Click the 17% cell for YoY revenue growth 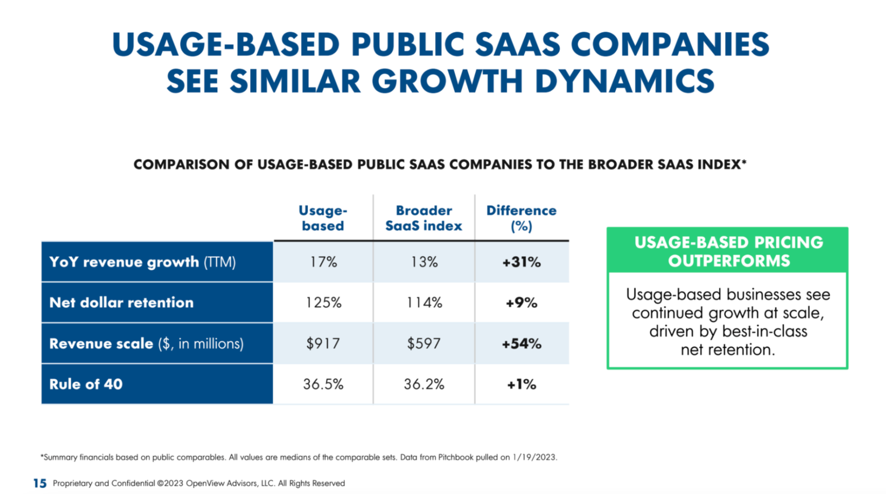pyautogui.click(x=323, y=262)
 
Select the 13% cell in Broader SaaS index pyautogui.click(x=424, y=262)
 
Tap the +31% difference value pyautogui.click(x=521, y=262)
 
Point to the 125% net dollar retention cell pyautogui.click(x=323, y=303)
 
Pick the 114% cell pyautogui.click(x=424, y=303)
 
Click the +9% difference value pyautogui.click(x=521, y=303)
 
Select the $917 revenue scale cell pyautogui.click(x=323, y=344)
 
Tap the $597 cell pyautogui.click(x=424, y=344)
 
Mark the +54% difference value pyautogui.click(x=521, y=344)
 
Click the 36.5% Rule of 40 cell pyautogui.click(x=323, y=384)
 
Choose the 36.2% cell pyautogui.click(x=424, y=384)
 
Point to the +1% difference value pyautogui.click(x=521, y=384)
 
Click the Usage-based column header pyautogui.click(x=323, y=218)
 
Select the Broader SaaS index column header pyautogui.click(x=424, y=218)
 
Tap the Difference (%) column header pyautogui.click(x=521, y=218)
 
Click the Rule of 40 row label pyautogui.click(x=86, y=384)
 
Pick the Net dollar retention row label pyautogui.click(x=121, y=303)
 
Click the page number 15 pyautogui.click(x=39, y=483)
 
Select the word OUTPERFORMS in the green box pyautogui.click(x=729, y=261)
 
